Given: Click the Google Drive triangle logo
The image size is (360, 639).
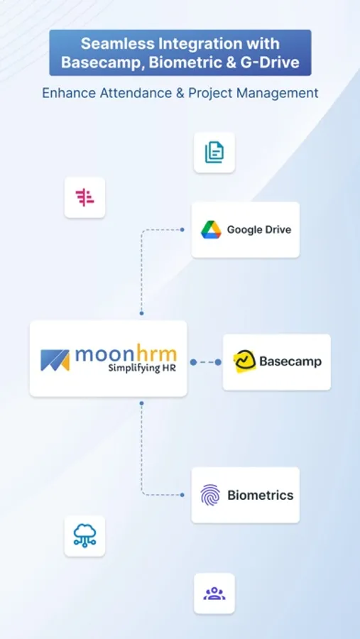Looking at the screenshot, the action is (211, 230).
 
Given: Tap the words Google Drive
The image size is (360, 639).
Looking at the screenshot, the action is (259, 230).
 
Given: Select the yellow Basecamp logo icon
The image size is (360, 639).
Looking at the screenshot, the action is (245, 362).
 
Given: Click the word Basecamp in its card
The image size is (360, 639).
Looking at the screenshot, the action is (290, 362).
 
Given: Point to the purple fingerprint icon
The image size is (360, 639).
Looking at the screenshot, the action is (210, 495).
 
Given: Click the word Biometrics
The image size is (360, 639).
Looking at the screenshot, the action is (261, 495).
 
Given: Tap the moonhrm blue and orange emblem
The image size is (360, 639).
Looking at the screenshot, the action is (55, 360).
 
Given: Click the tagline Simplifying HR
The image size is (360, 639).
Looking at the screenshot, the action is (142, 368).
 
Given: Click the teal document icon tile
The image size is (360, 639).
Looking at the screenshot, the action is (214, 153).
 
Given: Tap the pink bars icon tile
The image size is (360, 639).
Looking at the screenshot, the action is (84, 197).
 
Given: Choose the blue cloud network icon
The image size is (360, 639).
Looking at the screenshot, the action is (84, 535).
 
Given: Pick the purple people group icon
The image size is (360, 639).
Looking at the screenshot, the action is (214, 594).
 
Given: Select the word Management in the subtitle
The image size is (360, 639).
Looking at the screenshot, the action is (278, 93).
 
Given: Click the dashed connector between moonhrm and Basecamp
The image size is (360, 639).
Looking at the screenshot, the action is (205, 362).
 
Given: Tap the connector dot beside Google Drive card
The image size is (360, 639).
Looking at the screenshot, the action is (182, 230).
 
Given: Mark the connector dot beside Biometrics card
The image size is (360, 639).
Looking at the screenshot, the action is (182, 495).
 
